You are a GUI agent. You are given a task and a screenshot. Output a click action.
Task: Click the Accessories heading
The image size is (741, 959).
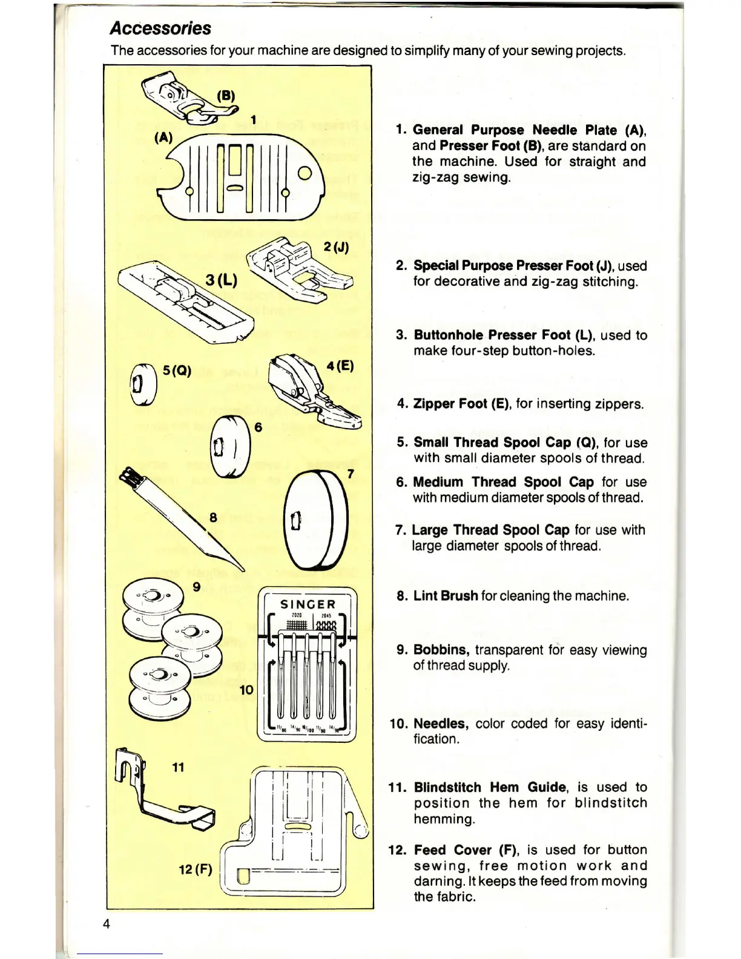160,28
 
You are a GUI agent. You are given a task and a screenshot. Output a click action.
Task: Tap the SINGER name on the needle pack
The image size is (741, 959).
308,604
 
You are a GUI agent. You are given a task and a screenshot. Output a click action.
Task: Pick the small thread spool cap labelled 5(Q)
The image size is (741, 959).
144,384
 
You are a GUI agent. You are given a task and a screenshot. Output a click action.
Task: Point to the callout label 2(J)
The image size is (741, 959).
336,247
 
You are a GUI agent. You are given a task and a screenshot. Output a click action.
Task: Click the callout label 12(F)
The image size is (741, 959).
195,870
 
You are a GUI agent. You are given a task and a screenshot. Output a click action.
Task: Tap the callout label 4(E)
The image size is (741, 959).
340,366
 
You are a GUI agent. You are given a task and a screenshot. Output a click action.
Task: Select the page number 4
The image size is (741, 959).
107,924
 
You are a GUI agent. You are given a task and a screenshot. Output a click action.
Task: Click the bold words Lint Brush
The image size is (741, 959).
446,596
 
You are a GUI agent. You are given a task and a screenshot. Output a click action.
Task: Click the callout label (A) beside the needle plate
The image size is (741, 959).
163,137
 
